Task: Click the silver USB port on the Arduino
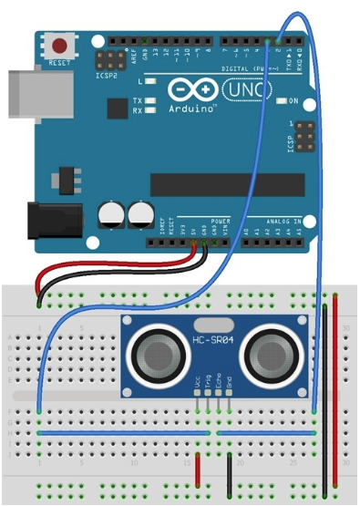(x=21, y=93)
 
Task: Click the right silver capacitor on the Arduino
(x=140, y=215)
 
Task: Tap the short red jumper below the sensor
(x=198, y=464)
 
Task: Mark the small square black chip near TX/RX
(x=117, y=108)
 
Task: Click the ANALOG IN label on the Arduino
(x=283, y=222)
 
